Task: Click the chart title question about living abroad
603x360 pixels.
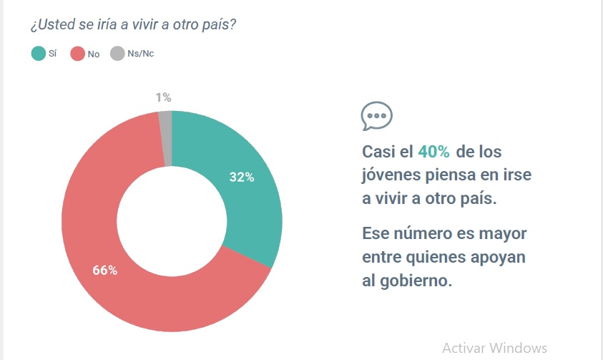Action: pyautogui.click(x=134, y=24)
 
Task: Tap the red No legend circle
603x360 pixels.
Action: pyautogui.click(x=77, y=54)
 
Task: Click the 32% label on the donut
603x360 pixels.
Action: pyautogui.click(x=242, y=177)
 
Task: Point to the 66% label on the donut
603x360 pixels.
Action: pyautogui.click(x=104, y=271)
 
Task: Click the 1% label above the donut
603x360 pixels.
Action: pyautogui.click(x=163, y=97)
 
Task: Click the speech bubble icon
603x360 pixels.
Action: pyautogui.click(x=376, y=116)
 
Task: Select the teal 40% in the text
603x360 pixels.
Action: pyautogui.click(x=434, y=152)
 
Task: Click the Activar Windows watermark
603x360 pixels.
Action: pyautogui.click(x=494, y=348)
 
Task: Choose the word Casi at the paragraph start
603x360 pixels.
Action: pyautogui.click(x=378, y=152)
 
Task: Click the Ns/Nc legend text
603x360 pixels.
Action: pyautogui.click(x=140, y=54)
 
